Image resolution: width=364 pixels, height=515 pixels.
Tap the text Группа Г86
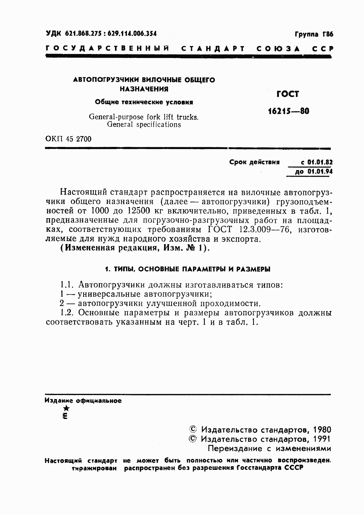pos(314,34)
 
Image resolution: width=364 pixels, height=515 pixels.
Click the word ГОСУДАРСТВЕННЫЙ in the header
pos(107,49)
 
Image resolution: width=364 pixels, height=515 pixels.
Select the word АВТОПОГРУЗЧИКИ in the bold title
pos(106,80)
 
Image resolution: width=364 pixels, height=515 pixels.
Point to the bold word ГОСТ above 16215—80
pos(287,94)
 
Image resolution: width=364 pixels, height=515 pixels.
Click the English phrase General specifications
pos(144,125)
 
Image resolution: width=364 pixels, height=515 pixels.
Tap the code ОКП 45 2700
pos(68,139)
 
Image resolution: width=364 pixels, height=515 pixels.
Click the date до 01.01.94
pos(314,172)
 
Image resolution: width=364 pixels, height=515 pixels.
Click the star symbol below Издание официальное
pos(66,408)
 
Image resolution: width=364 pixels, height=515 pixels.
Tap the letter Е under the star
pos(65,416)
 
